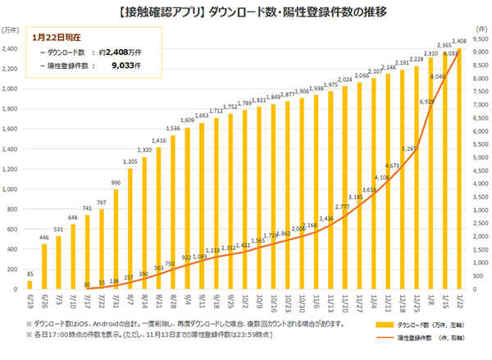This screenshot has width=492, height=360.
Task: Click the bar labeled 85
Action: pos(30,286)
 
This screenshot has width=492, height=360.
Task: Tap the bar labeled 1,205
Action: pos(130,230)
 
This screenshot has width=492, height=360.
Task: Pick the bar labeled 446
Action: pos(44,267)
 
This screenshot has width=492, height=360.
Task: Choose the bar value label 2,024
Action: pos(344,80)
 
